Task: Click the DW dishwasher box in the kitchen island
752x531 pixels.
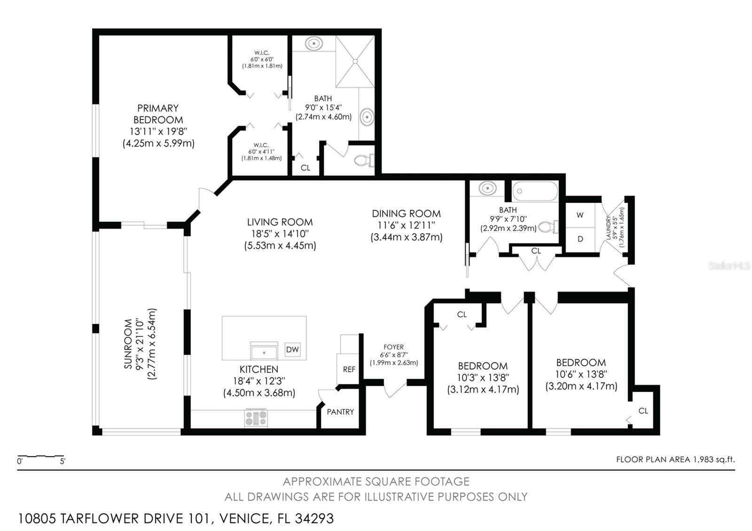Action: [292, 350]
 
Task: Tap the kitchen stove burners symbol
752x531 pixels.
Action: [256, 418]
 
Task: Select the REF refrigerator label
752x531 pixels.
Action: [349, 369]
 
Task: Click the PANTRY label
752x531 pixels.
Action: [340, 412]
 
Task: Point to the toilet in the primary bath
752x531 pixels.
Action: [364, 160]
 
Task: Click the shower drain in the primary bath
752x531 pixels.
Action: [355, 61]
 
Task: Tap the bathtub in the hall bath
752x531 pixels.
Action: [535, 191]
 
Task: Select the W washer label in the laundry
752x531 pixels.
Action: [580, 215]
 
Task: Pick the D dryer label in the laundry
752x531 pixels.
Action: [580, 239]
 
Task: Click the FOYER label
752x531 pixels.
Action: [393, 347]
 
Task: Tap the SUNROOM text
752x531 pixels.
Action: [128, 344]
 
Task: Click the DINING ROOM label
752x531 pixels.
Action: [406, 214]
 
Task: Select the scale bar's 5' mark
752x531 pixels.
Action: [63, 461]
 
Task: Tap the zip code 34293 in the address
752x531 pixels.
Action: [314, 519]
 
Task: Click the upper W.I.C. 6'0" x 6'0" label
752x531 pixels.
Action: [262, 59]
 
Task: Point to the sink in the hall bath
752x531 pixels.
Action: [487, 188]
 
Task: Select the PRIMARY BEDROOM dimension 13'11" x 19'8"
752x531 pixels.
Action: [158, 131]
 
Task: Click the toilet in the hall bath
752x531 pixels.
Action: [548, 227]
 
